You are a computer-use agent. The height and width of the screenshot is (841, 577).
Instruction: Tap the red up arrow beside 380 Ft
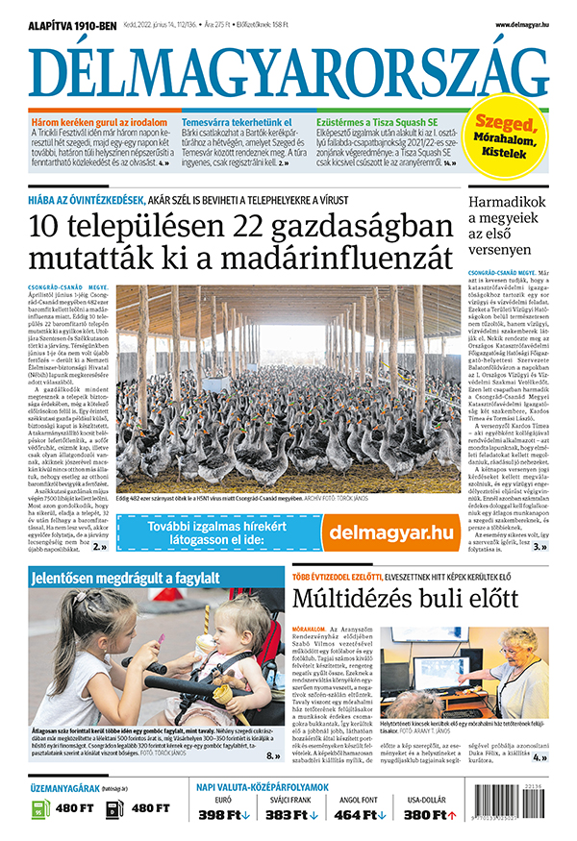(x=452, y=815)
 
